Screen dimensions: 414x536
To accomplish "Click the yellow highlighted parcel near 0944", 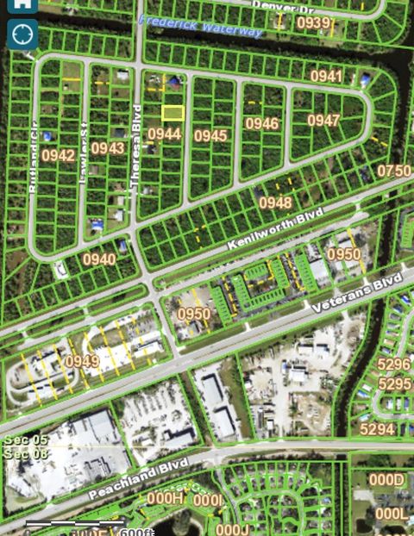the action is pyautogui.click(x=173, y=113).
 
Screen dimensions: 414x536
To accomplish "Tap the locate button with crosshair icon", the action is pyautogui.click(x=22, y=34).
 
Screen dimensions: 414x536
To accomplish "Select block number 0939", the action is pyautogui.click(x=314, y=22).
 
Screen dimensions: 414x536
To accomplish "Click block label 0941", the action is pyautogui.click(x=327, y=77).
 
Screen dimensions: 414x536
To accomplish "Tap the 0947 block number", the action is pyautogui.click(x=323, y=121).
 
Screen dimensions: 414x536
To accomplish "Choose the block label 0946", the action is pyautogui.click(x=262, y=123).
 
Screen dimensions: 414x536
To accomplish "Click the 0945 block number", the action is pyautogui.click(x=210, y=135).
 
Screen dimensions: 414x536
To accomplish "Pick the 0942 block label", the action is pyautogui.click(x=58, y=155).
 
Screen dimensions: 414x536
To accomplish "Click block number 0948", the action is pyautogui.click(x=275, y=203).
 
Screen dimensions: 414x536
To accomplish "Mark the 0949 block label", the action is pyautogui.click(x=82, y=361).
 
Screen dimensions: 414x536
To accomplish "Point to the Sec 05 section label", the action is pyautogui.click(x=21, y=441).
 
